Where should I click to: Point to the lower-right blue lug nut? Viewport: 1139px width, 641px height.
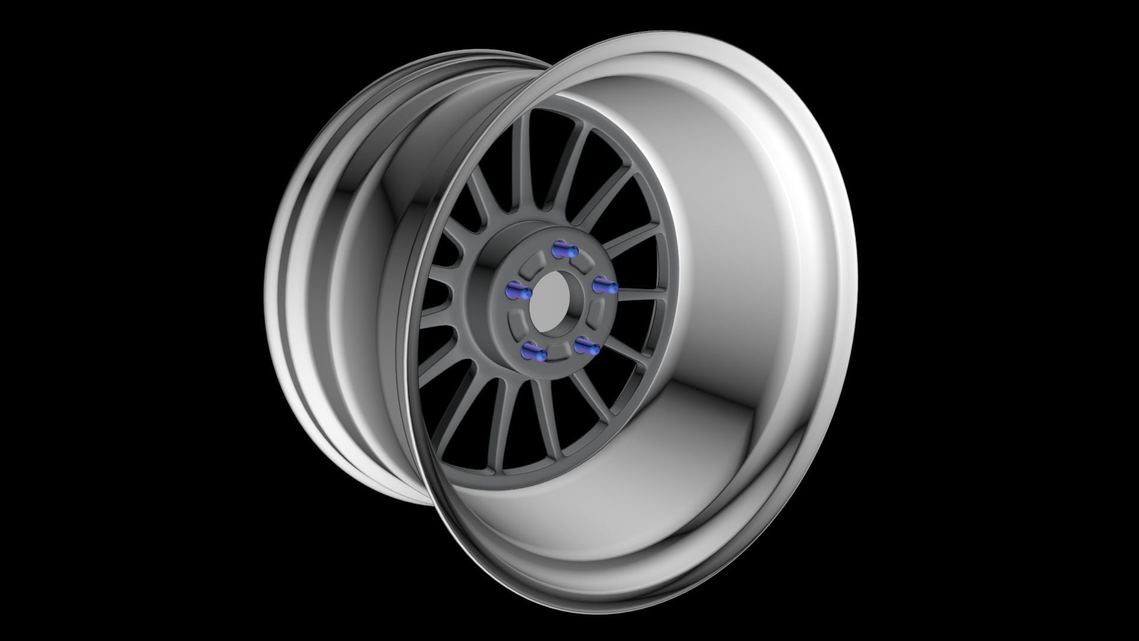click(x=586, y=346)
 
